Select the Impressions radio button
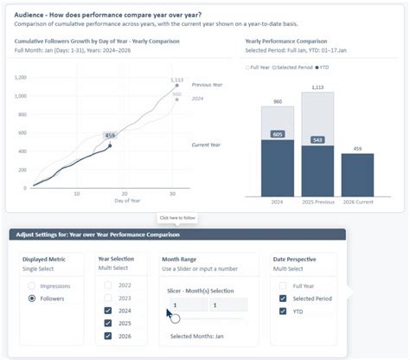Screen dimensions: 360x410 [x=33, y=285]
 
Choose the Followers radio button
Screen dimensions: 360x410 [x=33, y=298]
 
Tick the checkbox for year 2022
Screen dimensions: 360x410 [x=107, y=285]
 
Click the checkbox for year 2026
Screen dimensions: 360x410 [x=107, y=335]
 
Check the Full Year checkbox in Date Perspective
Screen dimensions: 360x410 [x=282, y=285]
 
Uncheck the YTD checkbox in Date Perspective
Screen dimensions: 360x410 [x=282, y=311]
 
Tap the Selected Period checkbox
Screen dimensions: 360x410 [x=282, y=298]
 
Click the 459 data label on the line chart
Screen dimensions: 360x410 [x=110, y=135]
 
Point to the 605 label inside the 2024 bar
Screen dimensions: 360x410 [x=278, y=134]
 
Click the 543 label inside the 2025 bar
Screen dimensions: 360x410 [x=317, y=139]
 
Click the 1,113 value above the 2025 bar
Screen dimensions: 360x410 [x=317, y=87]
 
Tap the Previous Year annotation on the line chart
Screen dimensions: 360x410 [x=208, y=85]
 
